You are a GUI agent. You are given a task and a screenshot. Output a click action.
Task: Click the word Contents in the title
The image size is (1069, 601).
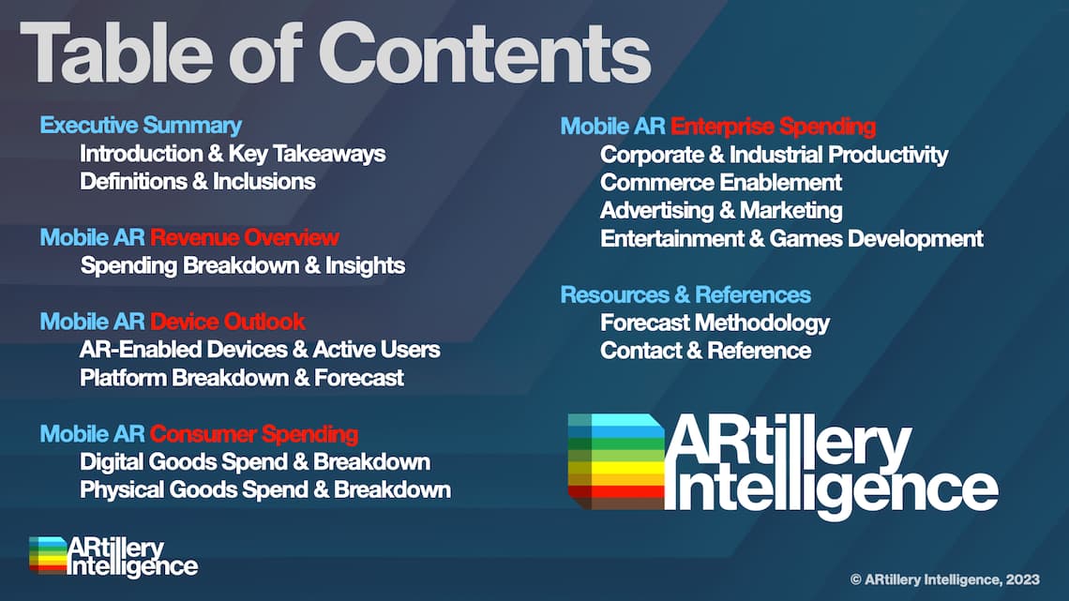tap(485, 53)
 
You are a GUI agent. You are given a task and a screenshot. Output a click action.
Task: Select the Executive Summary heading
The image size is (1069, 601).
tap(141, 126)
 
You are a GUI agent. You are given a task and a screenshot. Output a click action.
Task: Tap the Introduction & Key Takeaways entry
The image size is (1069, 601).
tap(233, 154)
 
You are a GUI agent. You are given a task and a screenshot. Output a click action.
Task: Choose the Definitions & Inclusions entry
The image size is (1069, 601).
tap(198, 182)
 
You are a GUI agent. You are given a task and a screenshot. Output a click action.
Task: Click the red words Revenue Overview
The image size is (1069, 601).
tap(245, 237)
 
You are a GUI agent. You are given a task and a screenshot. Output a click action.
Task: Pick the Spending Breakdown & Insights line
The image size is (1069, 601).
tap(243, 265)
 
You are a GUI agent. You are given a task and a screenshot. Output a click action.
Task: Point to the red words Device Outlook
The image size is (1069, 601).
tap(228, 322)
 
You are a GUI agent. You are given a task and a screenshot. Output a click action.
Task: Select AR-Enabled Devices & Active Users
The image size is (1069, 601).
tap(260, 350)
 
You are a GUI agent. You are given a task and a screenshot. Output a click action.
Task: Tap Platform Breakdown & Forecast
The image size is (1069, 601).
tap(242, 378)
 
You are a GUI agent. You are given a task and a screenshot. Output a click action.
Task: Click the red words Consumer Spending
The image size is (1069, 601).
tap(254, 434)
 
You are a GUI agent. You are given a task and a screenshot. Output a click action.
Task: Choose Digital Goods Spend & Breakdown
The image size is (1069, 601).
tap(255, 462)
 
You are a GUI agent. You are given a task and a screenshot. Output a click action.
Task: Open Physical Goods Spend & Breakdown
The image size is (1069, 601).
tap(265, 490)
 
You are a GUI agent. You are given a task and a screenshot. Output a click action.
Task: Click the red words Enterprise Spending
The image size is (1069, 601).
tap(773, 127)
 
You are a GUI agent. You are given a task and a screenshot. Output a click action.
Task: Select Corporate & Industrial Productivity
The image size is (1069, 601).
tap(774, 155)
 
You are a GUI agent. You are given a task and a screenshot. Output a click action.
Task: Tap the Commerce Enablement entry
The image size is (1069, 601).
tap(720, 183)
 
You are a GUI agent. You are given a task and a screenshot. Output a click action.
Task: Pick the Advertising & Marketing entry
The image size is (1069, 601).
tap(721, 211)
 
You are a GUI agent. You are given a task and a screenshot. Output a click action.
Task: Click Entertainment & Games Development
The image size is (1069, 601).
tap(791, 238)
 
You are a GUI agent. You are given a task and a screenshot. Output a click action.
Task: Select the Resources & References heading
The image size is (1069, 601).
tap(685, 295)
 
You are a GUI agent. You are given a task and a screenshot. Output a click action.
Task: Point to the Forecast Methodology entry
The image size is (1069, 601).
tap(715, 323)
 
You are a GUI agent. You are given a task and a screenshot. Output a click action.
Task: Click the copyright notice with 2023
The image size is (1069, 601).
tap(945, 579)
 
